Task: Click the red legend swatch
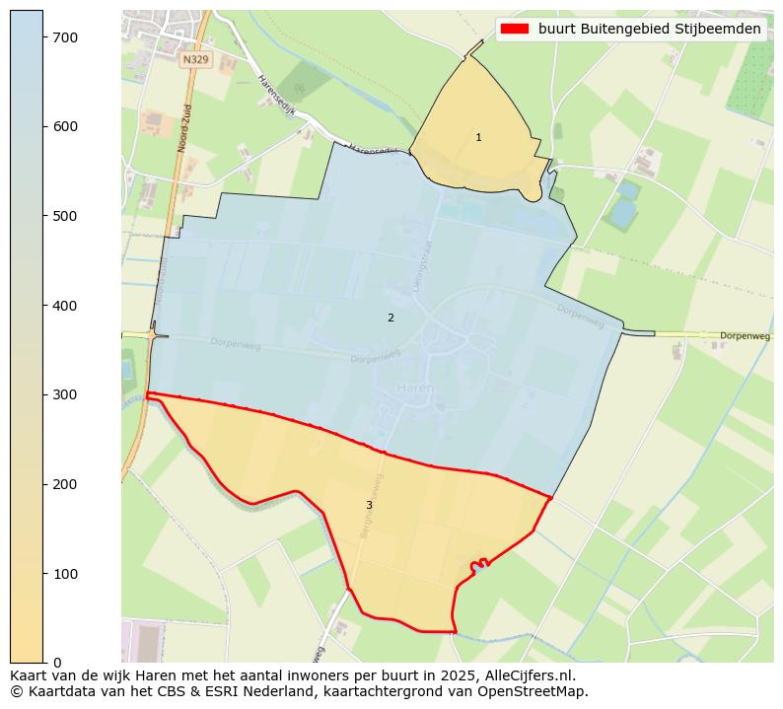(515, 29)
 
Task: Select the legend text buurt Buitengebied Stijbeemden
(649, 29)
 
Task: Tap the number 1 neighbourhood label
(478, 138)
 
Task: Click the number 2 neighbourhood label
(391, 318)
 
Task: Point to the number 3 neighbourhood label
(369, 505)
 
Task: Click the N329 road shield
(194, 60)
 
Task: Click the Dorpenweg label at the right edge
(745, 336)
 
